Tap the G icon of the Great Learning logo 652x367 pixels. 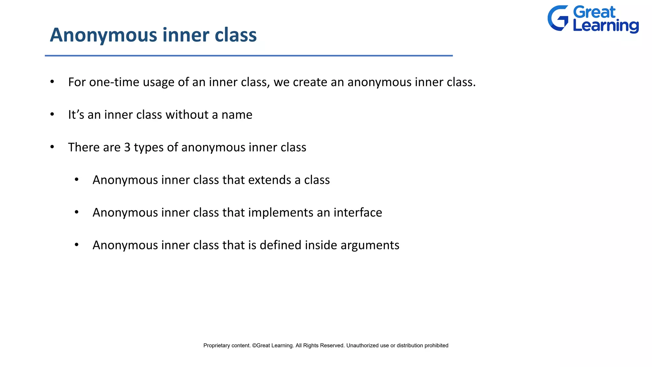click(558, 18)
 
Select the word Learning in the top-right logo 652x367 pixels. click(606, 26)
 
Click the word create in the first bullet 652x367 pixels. click(310, 82)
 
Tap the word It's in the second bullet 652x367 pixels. click(76, 115)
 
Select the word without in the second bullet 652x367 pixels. click(187, 115)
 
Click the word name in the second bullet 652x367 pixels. click(237, 115)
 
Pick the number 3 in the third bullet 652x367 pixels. click(127, 148)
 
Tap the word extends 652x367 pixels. click(269, 180)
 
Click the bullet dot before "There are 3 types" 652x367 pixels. click(52, 147)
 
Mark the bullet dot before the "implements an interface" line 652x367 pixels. click(76, 212)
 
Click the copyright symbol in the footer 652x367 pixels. click(254, 346)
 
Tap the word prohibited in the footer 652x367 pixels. click(436, 346)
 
